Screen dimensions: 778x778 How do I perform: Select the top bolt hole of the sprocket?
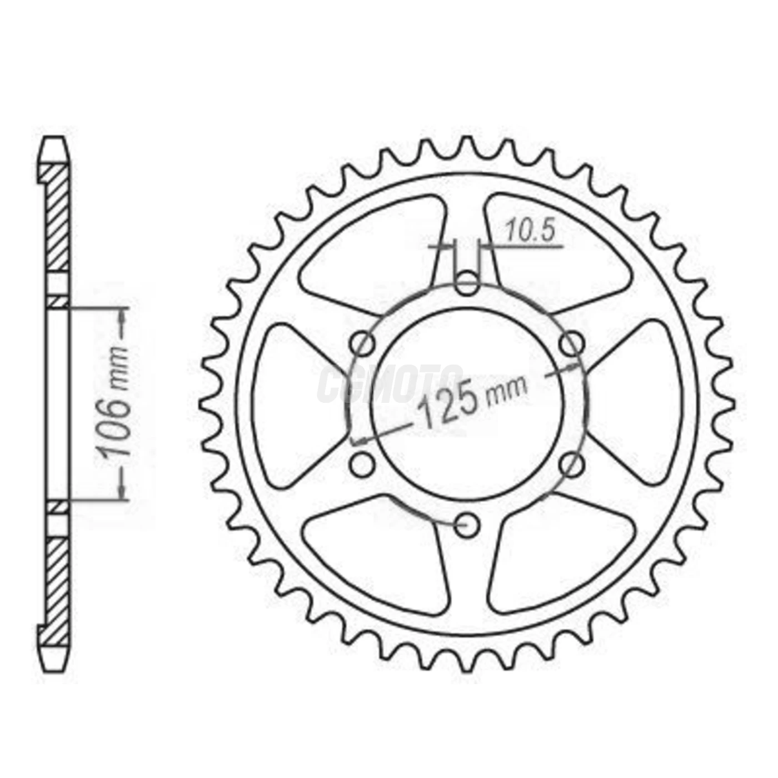click(x=467, y=283)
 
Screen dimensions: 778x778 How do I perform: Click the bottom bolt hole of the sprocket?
click(x=467, y=524)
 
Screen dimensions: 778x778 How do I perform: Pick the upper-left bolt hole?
click(x=363, y=344)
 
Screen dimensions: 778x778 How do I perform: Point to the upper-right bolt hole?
click(x=572, y=344)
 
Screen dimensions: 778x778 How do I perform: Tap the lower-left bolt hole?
click(x=363, y=465)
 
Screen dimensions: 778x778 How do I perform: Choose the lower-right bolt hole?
click(x=572, y=465)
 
